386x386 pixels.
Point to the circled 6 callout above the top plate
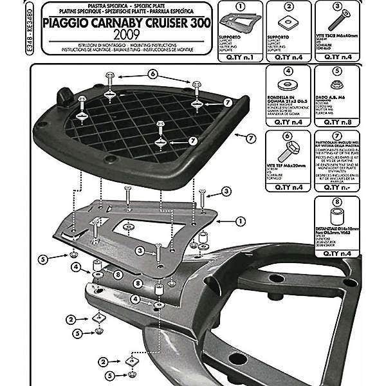point(152,73)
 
